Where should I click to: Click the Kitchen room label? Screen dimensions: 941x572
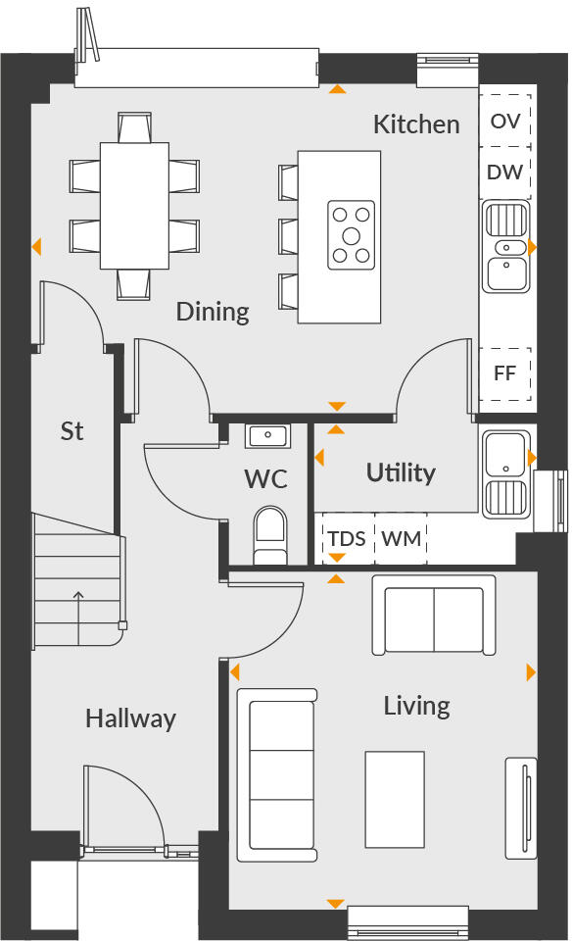click(x=416, y=124)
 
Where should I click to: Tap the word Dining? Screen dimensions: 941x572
click(x=213, y=312)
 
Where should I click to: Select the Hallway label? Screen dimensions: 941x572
click(x=130, y=718)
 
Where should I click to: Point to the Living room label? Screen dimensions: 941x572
click(x=416, y=706)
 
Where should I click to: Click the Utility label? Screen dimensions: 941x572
click(x=400, y=472)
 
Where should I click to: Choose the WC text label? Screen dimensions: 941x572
click(x=265, y=479)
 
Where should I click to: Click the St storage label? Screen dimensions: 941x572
click(x=71, y=431)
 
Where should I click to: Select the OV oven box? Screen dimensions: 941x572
click(x=505, y=122)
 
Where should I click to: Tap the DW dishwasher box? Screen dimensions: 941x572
click(x=505, y=173)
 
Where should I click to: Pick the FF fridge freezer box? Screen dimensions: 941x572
click(x=505, y=373)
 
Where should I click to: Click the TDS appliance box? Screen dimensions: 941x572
click(x=347, y=539)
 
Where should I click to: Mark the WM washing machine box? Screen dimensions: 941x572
click(x=400, y=539)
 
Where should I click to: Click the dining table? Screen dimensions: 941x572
click(x=134, y=206)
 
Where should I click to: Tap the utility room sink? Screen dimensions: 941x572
click(x=505, y=472)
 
